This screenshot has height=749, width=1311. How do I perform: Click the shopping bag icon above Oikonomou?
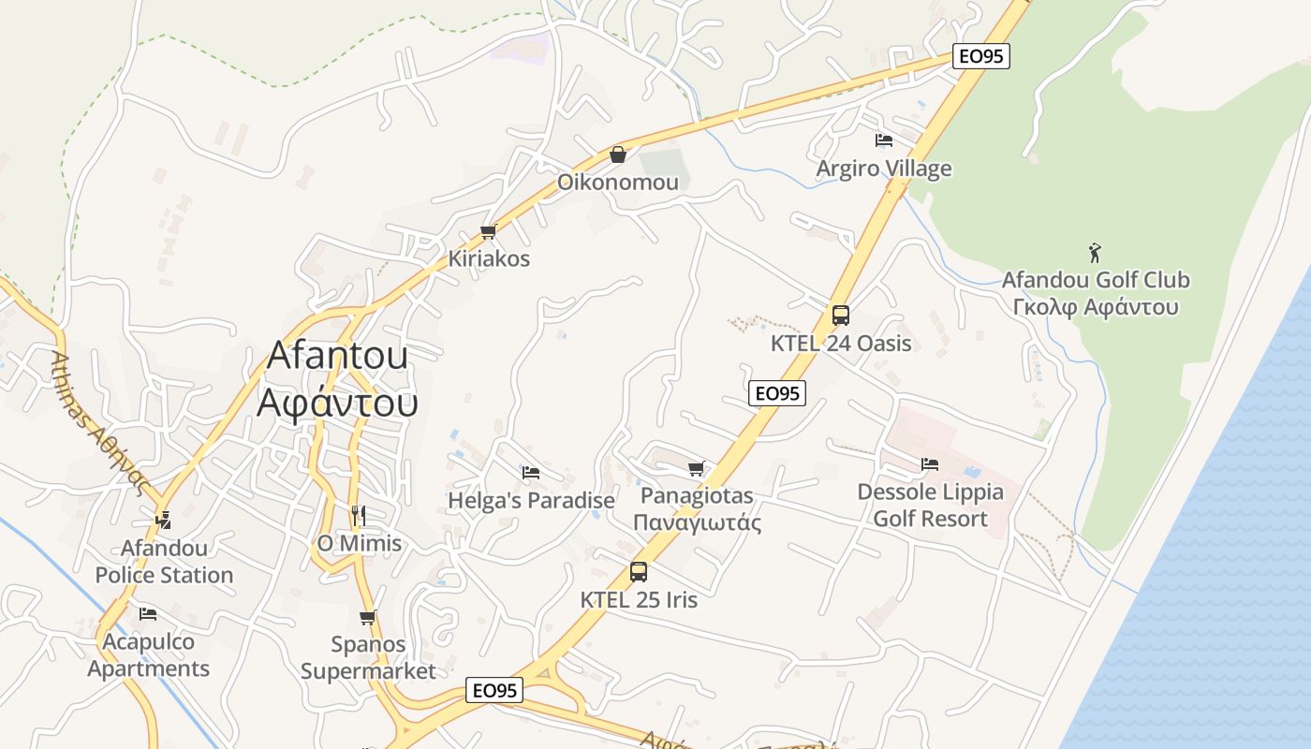617,154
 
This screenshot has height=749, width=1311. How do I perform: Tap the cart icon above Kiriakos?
487,231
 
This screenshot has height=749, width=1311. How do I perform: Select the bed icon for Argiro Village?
883,140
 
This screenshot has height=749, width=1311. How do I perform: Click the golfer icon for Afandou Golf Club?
1095,252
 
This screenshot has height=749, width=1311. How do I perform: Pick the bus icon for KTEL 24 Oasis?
840,316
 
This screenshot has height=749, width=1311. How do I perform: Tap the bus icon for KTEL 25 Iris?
638,571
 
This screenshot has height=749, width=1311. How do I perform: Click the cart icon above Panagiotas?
696,468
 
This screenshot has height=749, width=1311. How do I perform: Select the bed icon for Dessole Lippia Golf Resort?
929,463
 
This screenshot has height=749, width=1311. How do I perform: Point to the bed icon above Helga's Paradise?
531,473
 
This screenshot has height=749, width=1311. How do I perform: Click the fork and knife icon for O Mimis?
358,515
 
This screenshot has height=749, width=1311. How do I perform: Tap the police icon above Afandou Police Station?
164,519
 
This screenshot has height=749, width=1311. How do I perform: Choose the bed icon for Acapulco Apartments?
148,614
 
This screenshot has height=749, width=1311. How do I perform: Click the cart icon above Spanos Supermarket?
367,617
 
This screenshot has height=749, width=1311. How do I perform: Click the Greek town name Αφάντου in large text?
337,402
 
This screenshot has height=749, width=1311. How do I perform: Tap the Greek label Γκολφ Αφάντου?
1095,307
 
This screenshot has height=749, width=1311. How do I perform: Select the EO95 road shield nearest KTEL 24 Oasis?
777,393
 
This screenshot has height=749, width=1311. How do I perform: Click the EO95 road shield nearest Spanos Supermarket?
494,691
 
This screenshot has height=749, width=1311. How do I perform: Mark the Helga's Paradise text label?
531,501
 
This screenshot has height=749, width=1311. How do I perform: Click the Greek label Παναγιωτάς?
697,522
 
